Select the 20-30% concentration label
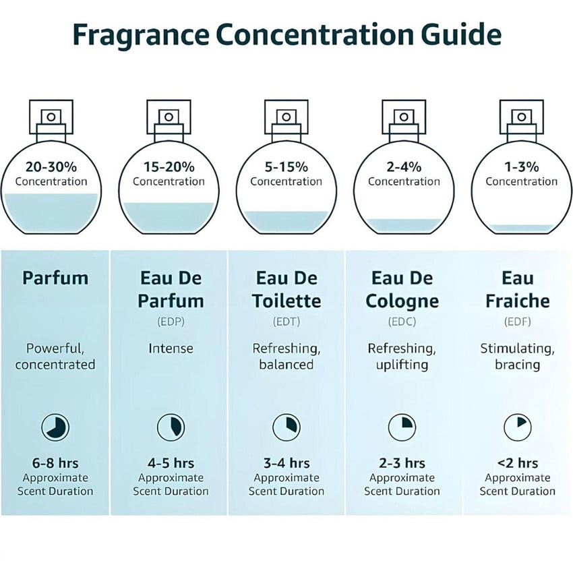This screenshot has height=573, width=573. coord(51,167)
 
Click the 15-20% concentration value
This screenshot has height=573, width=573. coord(169,167)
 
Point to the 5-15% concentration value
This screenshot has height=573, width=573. coord(286,167)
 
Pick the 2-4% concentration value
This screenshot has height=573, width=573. coord(404,167)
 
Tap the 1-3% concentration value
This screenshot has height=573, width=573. coord(521,167)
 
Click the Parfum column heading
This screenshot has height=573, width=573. coord(55,278)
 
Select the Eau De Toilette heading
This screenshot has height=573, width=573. coord(286,289)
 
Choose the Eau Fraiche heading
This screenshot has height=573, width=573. coord(518,289)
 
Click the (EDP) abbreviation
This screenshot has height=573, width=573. coord(171,322)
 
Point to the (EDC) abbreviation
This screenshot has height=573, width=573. coord(402,322)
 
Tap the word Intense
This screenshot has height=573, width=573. coord(171,349)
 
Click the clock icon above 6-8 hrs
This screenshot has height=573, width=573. coord(55,427)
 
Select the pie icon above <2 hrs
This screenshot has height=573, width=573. coord(518,427)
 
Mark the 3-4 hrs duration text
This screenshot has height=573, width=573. coord(286,463)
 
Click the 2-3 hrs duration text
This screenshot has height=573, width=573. coord(402,463)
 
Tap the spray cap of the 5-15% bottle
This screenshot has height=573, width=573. coord(286,117)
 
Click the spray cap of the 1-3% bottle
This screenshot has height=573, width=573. coord(521,117)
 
